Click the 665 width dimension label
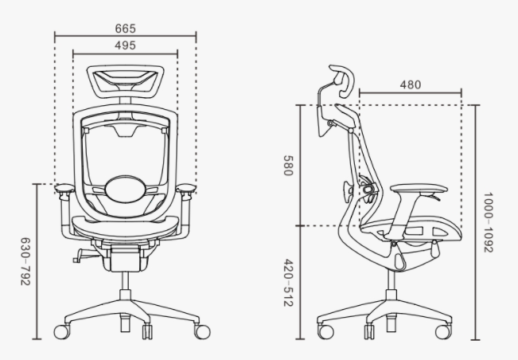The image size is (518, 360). point(125,28)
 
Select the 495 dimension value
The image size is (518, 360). point(125,45)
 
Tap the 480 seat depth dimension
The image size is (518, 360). point(411,84)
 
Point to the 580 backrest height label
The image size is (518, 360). point(287,166)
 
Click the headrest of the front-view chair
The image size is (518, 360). point(125,80)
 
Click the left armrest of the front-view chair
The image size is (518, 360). point(64,190)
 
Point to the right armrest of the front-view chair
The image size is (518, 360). point(185,190)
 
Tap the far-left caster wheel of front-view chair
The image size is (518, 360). point(60,329)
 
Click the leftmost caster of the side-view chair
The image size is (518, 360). point(325,330)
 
